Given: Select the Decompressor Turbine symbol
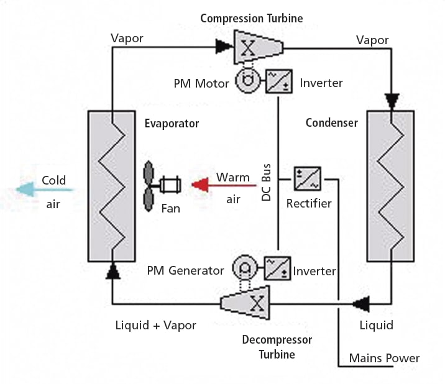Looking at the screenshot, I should click(x=247, y=303).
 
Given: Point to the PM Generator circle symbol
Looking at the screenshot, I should click(x=243, y=268).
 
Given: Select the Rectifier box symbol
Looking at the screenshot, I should click(x=308, y=178).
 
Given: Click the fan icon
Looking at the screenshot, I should click(x=160, y=185).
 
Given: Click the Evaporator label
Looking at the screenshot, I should click(x=172, y=124).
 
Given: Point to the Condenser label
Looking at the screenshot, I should click(x=332, y=123).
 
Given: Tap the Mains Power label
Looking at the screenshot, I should click(x=384, y=358).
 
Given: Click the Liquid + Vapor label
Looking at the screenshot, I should click(x=156, y=325).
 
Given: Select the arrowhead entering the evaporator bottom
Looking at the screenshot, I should click(x=112, y=270).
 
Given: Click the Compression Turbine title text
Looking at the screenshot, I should click(x=251, y=18).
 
